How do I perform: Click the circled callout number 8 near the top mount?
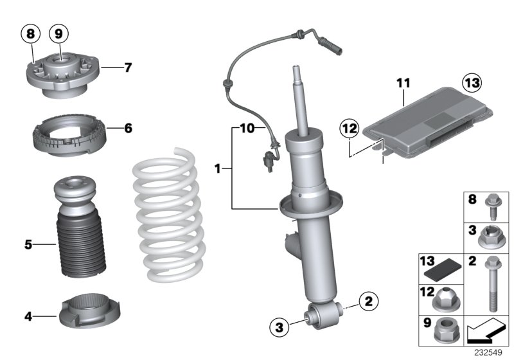coord(30,32)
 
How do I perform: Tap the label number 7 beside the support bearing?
coord(128,66)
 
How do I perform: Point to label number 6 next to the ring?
coord(128,129)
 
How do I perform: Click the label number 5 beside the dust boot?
coord(28,244)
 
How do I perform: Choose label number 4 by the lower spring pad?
coord(28,316)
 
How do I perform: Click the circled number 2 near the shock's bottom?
coord(369,300)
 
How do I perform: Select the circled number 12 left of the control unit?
coord(348,129)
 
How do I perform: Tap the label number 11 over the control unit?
coord(403,83)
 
